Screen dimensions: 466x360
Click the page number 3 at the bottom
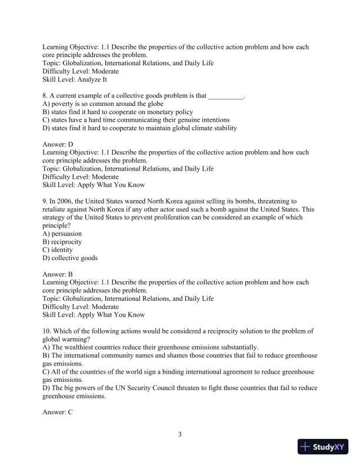(180, 435)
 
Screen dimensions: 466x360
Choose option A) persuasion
(62, 234)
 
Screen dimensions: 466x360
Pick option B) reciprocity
(62, 242)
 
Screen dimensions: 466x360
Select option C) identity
(58, 249)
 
